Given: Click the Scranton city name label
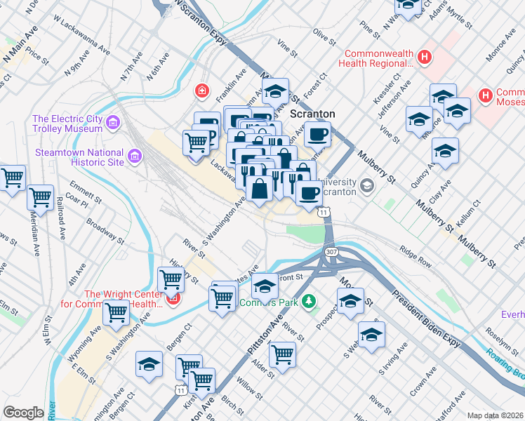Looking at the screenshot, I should pos(313,113).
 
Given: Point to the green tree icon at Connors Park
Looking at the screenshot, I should pos(307,302).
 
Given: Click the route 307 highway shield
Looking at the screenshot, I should pos(331,251).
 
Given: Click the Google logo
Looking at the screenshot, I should pos(23,413).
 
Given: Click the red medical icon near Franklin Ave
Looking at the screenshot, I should pos(201,91).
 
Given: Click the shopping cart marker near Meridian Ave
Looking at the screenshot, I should pos(41,196).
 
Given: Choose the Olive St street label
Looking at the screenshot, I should pos(321,34).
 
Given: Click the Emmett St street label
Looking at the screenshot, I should pos(86,194).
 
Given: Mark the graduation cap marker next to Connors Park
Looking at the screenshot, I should pos(265,286).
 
